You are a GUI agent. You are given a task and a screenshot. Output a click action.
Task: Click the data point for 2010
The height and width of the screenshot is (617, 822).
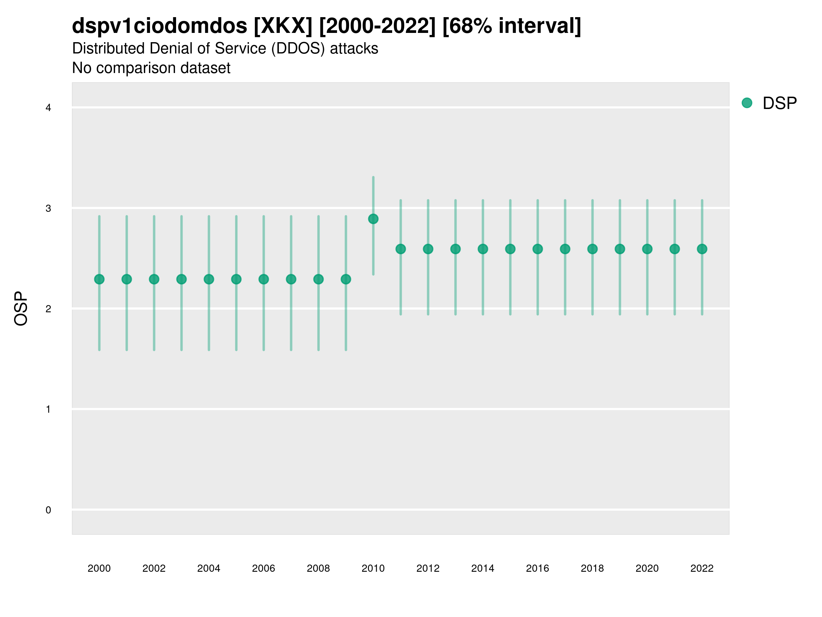(373, 219)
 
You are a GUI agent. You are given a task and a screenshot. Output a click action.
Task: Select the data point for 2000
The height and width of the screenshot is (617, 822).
(99, 279)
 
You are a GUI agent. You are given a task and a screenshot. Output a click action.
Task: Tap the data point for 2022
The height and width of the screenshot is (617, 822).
(702, 249)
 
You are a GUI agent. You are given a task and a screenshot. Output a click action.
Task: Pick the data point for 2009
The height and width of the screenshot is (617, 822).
(346, 279)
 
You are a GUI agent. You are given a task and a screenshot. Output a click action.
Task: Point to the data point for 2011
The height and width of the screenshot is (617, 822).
(401, 249)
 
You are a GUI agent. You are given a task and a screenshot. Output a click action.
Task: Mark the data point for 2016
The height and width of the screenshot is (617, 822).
(538, 249)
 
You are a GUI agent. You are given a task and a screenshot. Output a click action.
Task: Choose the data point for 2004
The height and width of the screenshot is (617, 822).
(209, 279)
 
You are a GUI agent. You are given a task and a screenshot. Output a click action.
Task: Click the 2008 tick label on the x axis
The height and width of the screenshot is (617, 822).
(319, 568)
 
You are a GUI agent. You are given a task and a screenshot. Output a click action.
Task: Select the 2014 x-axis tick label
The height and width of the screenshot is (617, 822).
(483, 568)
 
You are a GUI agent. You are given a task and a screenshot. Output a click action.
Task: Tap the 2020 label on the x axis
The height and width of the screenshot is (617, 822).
(647, 568)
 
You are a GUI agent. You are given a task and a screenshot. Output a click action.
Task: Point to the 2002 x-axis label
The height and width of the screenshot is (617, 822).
(154, 568)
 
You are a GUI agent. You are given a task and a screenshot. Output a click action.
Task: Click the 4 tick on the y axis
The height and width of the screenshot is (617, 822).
(48, 108)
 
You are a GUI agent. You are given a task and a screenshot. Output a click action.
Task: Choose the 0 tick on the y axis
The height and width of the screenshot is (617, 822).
(48, 510)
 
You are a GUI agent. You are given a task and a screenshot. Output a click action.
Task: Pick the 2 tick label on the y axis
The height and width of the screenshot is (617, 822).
(48, 309)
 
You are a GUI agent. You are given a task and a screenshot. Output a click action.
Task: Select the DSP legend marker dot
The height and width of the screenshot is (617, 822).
(747, 103)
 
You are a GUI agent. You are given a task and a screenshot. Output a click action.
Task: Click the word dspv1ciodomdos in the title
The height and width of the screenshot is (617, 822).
(159, 26)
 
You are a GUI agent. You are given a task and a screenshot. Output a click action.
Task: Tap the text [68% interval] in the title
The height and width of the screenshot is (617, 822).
(512, 26)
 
